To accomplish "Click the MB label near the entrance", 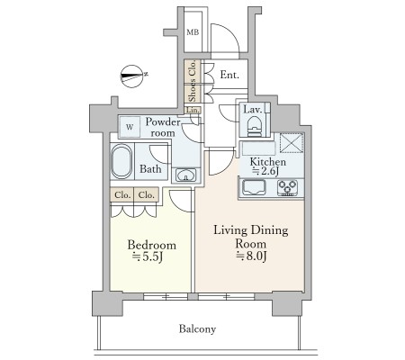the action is (193, 32).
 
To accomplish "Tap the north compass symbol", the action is (132, 76).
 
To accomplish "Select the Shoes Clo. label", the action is (193, 81).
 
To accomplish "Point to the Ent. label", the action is (229, 75).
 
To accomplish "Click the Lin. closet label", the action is (193, 110).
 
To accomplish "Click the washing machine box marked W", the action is (130, 127).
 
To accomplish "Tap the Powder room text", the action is (163, 127).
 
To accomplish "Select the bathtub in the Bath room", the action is (121, 162).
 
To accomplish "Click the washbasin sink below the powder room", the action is (186, 175).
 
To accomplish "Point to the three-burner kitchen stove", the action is (287, 188).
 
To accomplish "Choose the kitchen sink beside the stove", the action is (254, 187).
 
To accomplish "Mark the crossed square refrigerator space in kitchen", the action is (292, 142).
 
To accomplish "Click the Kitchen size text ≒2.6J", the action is (265, 171).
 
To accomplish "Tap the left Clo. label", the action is (122, 195).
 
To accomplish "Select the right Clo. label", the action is (146, 195).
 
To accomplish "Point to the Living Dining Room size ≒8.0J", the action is (251, 256).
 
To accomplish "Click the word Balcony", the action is (197, 329).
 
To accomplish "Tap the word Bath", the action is (150, 169).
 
